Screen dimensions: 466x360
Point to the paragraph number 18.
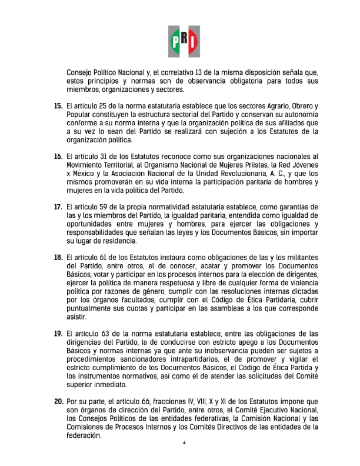coord(58,257)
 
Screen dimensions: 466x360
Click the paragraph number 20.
coord(58,401)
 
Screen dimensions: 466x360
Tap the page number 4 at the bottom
coord(184,443)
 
